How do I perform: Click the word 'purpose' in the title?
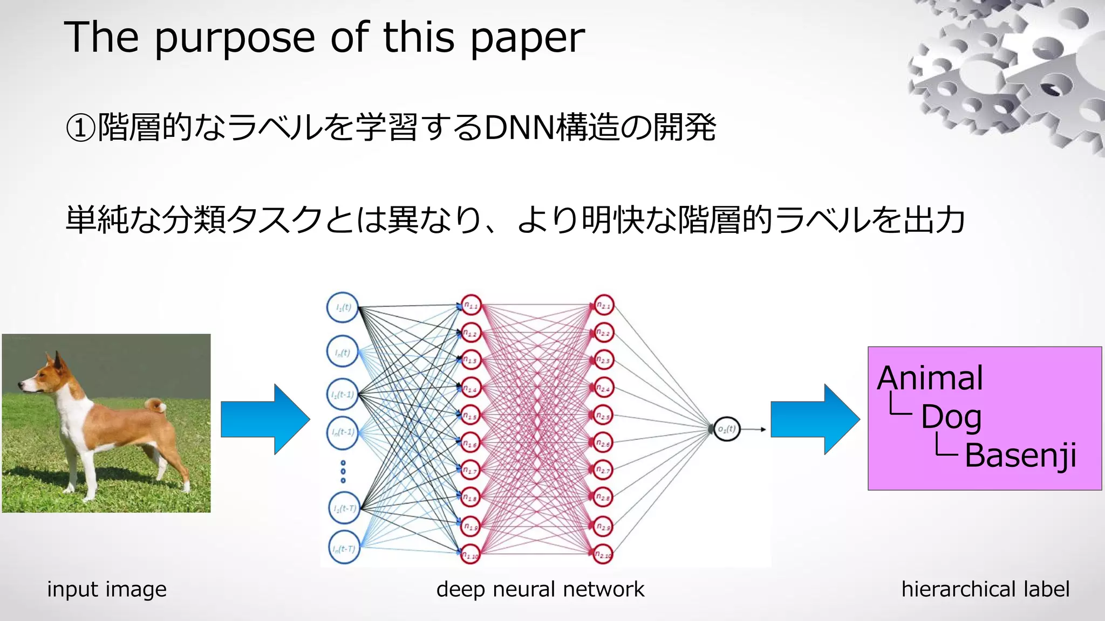[235, 39]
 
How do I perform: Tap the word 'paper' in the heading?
[527, 39]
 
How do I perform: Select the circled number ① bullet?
[80, 128]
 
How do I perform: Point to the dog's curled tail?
[157, 405]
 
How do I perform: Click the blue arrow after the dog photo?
[265, 419]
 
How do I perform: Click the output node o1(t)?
[726, 429]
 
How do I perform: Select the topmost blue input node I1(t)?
[343, 307]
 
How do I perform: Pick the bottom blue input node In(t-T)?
[344, 548]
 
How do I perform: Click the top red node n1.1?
[470, 306]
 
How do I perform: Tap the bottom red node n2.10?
[603, 554]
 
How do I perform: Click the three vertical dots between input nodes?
[343, 472]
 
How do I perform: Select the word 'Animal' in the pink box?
[930, 378]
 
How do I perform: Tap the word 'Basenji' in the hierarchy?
[1020, 456]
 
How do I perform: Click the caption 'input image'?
[107, 589]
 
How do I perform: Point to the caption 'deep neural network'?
[540, 589]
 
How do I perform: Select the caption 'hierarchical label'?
[985, 589]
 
